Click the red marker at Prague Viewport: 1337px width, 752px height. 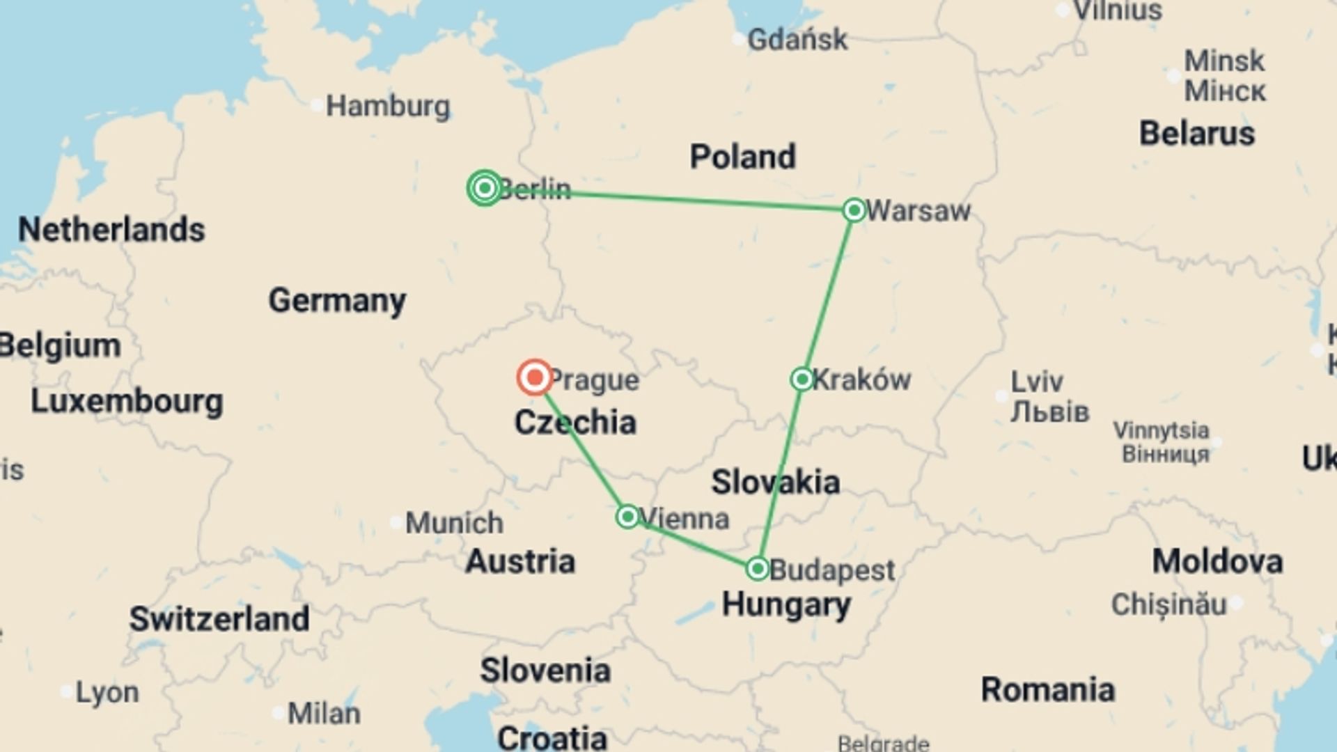click(x=535, y=377)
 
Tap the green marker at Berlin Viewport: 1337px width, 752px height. click(x=485, y=188)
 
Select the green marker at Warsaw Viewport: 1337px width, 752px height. click(x=854, y=210)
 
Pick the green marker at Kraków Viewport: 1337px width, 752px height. click(x=802, y=379)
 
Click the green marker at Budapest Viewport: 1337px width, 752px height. click(x=757, y=569)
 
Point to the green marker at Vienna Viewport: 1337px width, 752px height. click(x=627, y=517)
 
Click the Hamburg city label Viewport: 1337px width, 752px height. click(x=388, y=107)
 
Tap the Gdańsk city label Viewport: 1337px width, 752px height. click(x=797, y=40)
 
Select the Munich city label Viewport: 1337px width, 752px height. click(x=454, y=523)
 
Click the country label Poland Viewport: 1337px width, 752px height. click(x=742, y=157)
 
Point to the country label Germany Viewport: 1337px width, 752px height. click(x=337, y=301)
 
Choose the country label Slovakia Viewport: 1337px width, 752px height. click(x=775, y=482)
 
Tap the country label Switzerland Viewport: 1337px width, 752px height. click(x=219, y=619)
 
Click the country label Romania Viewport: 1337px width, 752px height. click(x=1047, y=690)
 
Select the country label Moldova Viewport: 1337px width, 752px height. click(x=1217, y=561)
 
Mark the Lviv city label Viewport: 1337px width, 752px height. click(x=1037, y=382)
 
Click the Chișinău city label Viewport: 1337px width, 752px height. click(x=1168, y=604)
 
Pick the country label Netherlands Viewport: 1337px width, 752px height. click(x=111, y=230)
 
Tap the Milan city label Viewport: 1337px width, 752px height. click(x=324, y=714)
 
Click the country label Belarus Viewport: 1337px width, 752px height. click(x=1196, y=134)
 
